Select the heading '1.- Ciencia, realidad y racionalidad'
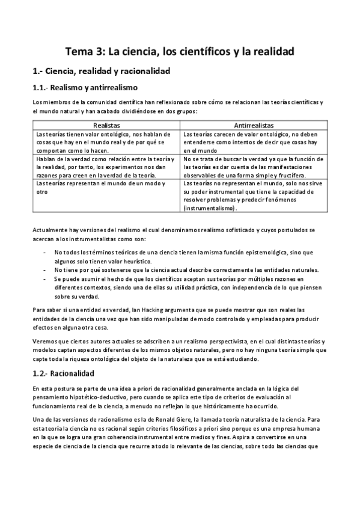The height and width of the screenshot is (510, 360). [x=102, y=71]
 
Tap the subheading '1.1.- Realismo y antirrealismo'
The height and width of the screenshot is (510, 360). [x=85, y=87]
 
